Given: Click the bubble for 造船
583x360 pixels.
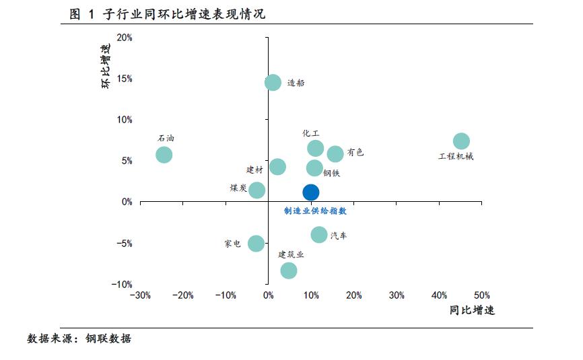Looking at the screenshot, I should point(273,83).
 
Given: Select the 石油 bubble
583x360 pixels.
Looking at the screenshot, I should point(164,155).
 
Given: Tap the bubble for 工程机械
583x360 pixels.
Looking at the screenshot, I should point(461,141).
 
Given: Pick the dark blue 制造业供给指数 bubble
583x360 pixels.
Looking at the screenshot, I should point(310,192).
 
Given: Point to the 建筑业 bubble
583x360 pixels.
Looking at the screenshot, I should point(289,271).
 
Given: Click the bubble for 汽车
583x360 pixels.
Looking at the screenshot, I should point(319,235).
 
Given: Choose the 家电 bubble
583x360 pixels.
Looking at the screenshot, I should point(256,244).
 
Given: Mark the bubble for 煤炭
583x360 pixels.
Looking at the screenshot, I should point(256,190).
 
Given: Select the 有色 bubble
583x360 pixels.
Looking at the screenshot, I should point(335,154).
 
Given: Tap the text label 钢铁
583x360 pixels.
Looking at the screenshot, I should point(331,173).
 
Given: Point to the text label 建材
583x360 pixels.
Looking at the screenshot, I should point(254,170).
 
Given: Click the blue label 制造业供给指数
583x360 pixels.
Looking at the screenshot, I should point(315,211).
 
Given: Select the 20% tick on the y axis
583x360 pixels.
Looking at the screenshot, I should point(124,38).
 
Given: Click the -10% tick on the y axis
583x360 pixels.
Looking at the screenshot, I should point(122,285).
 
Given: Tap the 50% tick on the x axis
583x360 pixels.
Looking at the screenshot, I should point(482,295).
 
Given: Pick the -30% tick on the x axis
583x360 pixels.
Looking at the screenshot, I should point(139,295).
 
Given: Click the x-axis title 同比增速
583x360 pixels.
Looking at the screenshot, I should point(472,311).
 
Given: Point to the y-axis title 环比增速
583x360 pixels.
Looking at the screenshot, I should point(106,67).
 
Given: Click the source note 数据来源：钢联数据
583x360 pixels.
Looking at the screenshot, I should point(79,338).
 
